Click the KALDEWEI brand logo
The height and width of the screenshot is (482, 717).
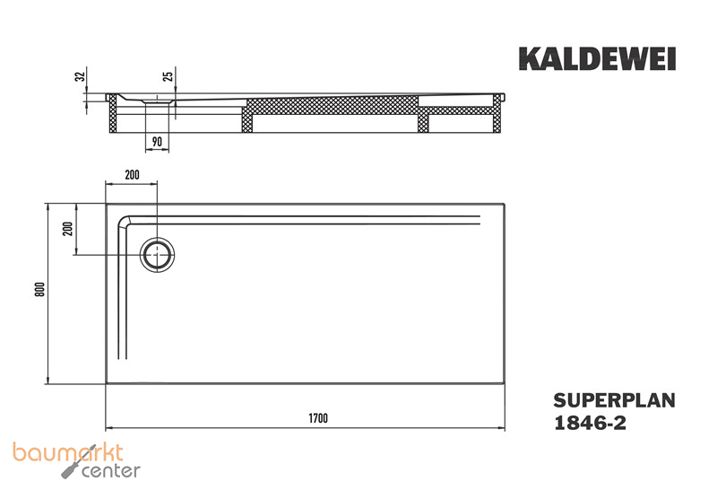point(597,59)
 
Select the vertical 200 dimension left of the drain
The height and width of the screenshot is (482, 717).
point(65,229)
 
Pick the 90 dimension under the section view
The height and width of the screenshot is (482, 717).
point(157,141)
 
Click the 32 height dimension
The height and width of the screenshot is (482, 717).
point(80,77)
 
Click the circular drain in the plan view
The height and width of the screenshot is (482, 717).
point(159,254)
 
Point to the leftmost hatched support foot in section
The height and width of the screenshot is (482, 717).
point(114,115)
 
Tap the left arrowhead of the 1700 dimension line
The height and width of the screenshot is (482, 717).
point(109,425)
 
